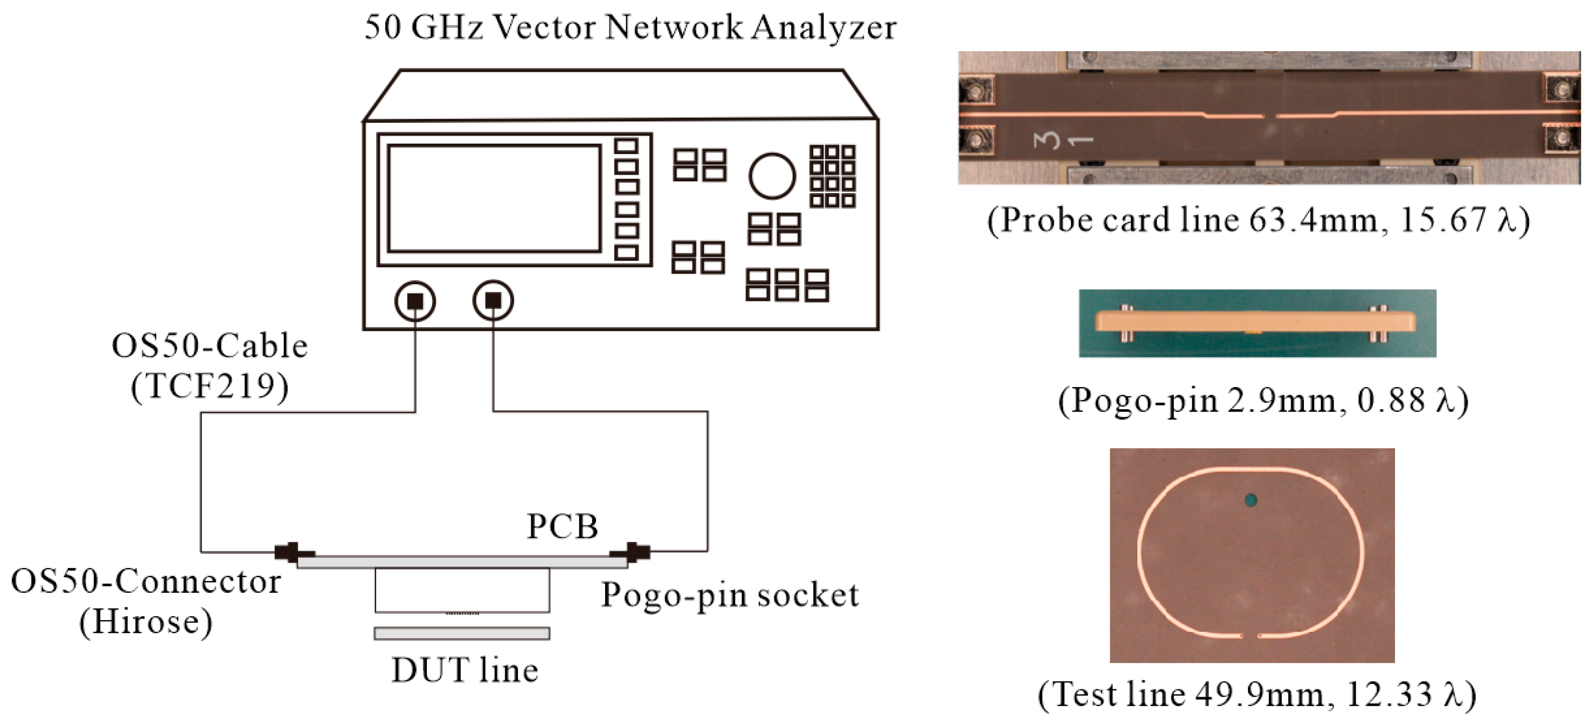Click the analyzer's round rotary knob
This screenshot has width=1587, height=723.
[x=771, y=176]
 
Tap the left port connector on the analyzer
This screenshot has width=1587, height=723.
[x=415, y=301]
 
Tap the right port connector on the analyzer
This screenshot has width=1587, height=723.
[x=493, y=301]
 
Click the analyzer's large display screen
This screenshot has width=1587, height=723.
[x=494, y=198]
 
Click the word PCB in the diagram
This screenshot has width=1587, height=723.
[x=562, y=527]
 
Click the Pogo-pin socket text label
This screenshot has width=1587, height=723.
[x=729, y=595]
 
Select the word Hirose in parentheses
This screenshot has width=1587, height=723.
[x=146, y=621]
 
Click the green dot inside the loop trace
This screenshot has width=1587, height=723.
[x=1251, y=500]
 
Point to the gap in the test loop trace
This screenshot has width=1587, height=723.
[x=1250, y=635]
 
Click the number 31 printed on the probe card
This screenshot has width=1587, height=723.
[x=1062, y=140]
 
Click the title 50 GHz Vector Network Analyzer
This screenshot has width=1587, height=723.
[x=630, y=28]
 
